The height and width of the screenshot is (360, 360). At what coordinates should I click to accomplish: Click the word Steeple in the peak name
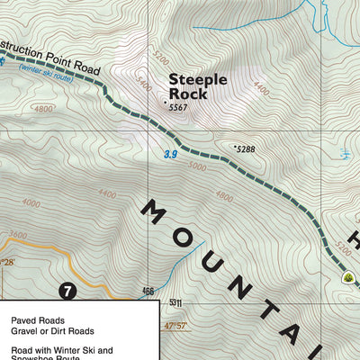coord(198,79)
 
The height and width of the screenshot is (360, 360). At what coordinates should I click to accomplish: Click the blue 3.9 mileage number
coord(171,155)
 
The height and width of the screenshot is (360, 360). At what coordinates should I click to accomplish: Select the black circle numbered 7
coord(66,291)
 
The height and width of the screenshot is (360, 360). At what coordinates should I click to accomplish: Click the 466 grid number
coord(148,292)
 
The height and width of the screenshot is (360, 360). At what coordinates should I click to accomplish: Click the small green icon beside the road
coord(348,277)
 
